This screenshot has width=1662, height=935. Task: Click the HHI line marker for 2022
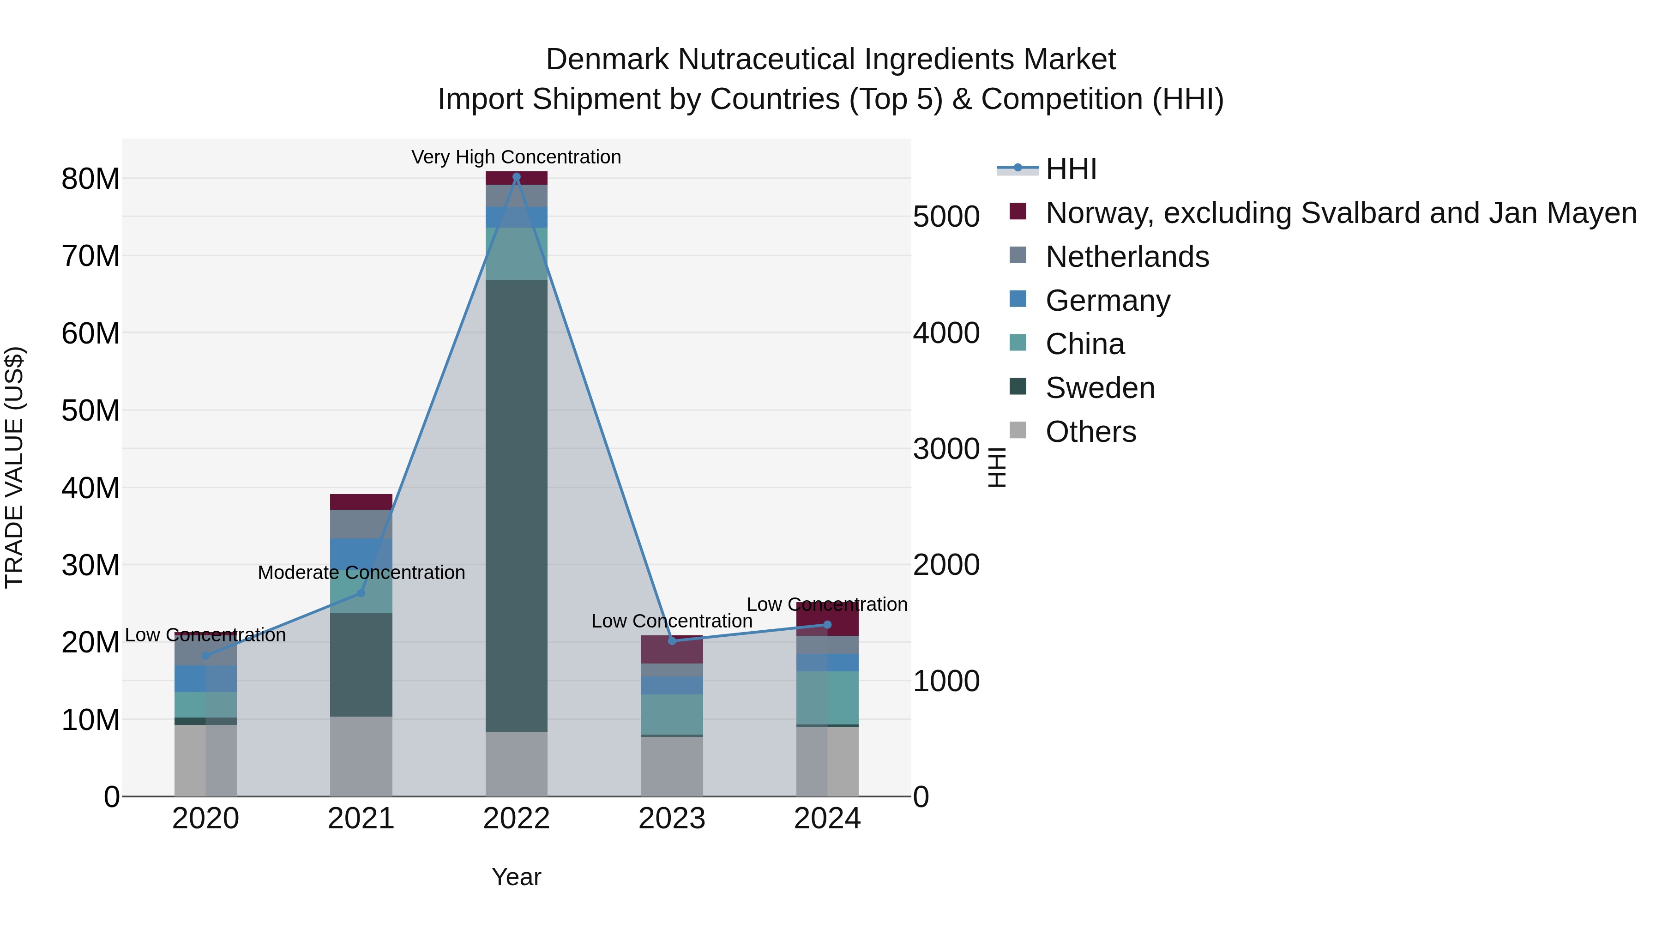pos(516,177)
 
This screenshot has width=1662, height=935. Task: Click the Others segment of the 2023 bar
pos(672,766)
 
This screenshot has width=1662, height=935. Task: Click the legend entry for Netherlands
pos(1127,257)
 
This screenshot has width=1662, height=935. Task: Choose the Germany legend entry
pos(1108,301)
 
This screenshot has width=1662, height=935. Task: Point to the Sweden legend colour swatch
pos(1018,386)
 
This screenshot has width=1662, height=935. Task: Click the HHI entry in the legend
pos(1071,169)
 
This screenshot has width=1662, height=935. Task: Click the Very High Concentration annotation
pos(516,157)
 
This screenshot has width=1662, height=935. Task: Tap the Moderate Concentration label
pos(361,573)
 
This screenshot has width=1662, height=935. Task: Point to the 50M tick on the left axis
pos(90,410)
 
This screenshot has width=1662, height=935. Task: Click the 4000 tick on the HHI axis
pos(946,333)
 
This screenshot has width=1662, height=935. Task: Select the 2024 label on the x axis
pos(827,819)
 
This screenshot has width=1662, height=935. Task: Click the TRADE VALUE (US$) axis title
pos(14,467)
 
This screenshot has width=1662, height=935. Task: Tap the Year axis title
pos(516,877)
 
